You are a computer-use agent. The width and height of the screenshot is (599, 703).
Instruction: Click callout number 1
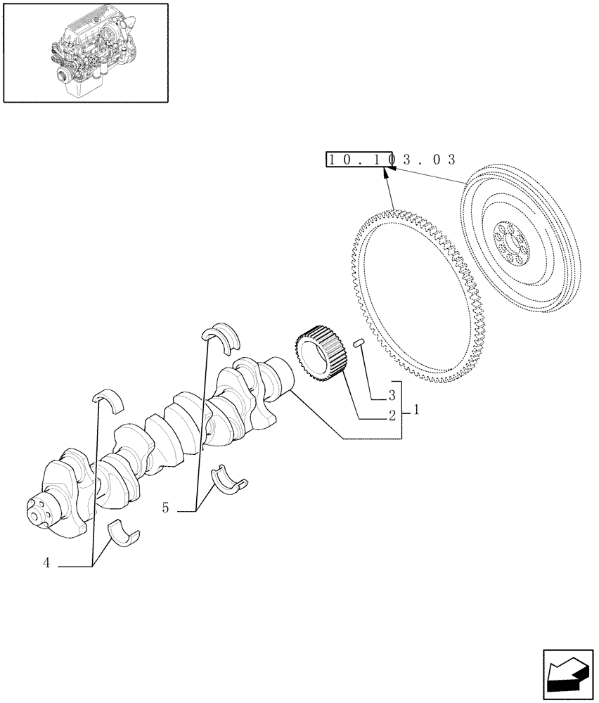pos(417,408)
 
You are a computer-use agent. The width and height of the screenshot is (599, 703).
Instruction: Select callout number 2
pos(392,415)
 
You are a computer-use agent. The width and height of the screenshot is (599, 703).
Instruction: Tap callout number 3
pos(392,396)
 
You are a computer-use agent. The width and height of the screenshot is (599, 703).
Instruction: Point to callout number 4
pos(46,562)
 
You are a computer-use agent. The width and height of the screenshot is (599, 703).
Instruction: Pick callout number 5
pos(165,507)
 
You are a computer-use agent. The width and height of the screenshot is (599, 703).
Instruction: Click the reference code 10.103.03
pos(391,160)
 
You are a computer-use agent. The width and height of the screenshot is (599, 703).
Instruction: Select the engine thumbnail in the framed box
pos(86,53)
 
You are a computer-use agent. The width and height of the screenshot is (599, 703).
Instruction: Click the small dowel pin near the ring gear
pos(359,344)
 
